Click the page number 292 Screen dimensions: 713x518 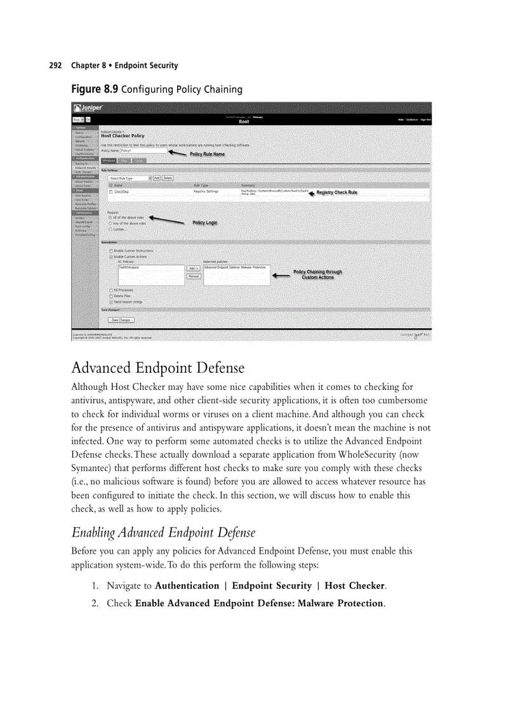[55, 65]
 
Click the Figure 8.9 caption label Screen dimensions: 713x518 [94, 89]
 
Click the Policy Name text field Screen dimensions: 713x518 [143, 151]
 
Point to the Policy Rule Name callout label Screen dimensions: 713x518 [207, 154]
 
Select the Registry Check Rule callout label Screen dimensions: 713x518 [336, 192]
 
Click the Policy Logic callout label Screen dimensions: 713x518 [204, 223]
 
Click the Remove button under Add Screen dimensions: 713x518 [194, 276]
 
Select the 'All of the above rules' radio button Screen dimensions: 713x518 [110, 217]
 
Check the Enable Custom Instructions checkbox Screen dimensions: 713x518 [110, 251]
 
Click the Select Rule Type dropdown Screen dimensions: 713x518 [129, 178]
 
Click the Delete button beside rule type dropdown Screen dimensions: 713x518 [168, 178]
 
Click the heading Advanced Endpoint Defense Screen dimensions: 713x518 [157, 368]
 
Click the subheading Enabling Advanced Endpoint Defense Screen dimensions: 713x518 [163, 531]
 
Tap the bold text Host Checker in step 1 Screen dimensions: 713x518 [354, 585]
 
